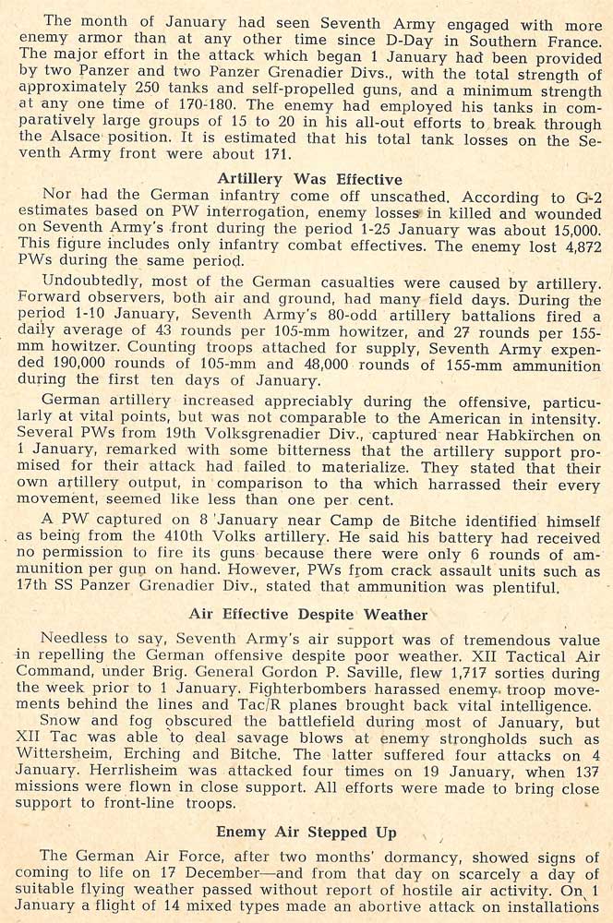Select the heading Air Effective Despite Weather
(308, 614)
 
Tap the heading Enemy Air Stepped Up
(308, 832)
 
